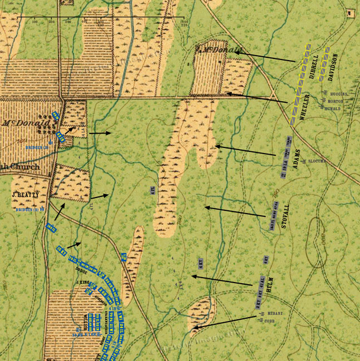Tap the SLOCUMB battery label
pos(316,161)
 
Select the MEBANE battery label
pos(275,314)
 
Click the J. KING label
pos(82,283)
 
